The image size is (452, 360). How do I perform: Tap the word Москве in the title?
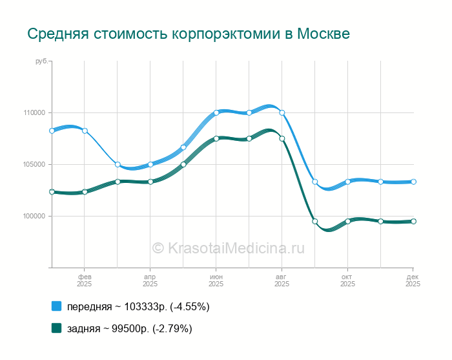(322, 34)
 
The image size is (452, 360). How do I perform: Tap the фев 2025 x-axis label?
(85, 280)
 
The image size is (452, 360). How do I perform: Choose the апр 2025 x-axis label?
(150, 280)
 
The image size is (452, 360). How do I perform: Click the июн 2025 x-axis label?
(216, 280)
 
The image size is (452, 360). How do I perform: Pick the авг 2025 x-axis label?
(282, 280)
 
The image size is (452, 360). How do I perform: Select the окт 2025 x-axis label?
(347, 280)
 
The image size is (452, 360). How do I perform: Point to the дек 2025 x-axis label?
(413, 280)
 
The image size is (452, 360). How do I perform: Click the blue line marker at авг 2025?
(282, 112)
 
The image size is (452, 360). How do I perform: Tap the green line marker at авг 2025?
(282, 138)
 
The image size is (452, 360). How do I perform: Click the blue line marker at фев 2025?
(85, 131)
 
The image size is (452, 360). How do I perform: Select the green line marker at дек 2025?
(413, 221)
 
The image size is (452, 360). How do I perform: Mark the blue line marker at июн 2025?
(216, 112)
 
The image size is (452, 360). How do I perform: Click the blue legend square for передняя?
(56, 306)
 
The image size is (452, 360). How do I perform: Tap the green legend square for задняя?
(56, 328)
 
